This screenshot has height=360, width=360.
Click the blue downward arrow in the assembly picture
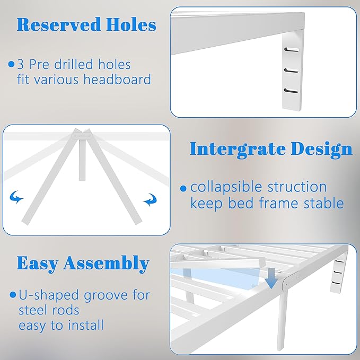pos(271,279)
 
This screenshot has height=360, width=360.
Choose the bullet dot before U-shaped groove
pos(12,295)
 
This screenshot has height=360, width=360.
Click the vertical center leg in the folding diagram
pos(83,159)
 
